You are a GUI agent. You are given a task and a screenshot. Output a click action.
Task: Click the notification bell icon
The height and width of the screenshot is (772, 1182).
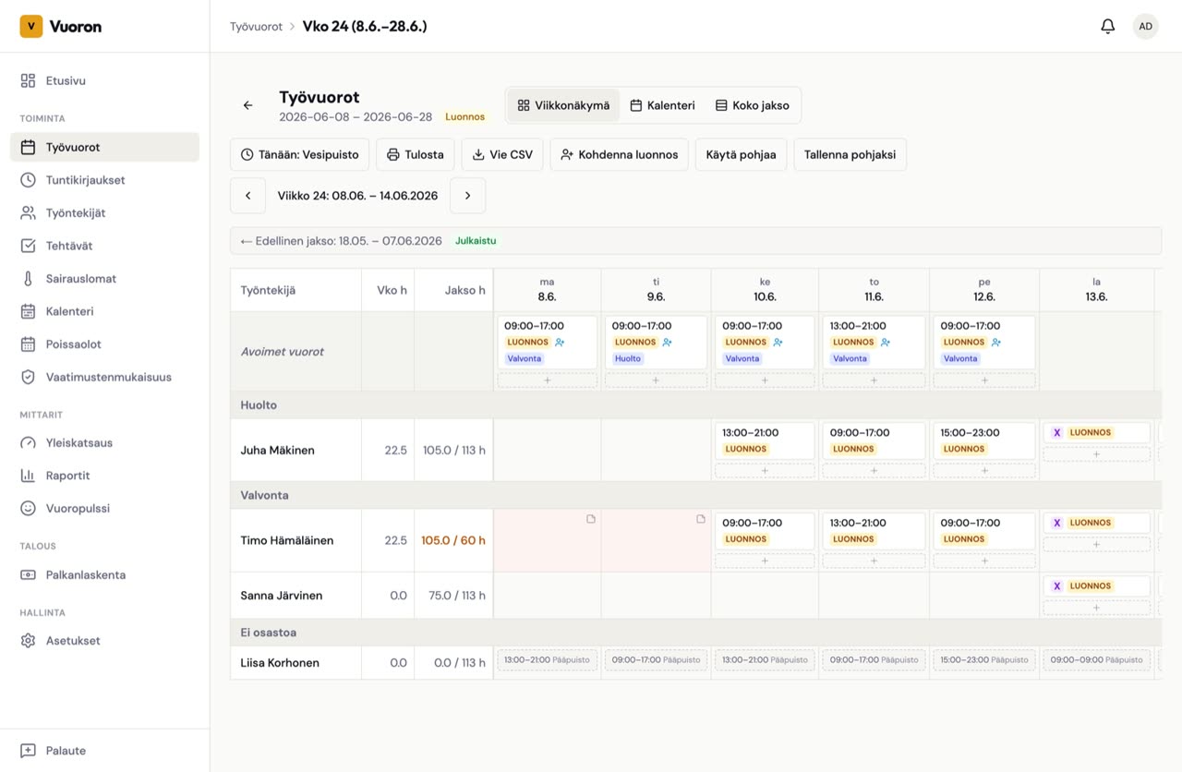1107,27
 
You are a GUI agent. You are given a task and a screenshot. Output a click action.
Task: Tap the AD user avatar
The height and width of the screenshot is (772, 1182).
1145,27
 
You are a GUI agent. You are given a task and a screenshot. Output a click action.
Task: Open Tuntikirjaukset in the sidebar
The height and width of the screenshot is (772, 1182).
85,180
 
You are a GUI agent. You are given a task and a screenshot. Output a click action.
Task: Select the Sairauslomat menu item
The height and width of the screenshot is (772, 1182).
80,279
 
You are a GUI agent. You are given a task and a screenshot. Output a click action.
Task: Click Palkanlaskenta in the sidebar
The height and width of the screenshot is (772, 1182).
86,574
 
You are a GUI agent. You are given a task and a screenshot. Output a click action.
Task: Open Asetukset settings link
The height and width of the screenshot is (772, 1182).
73,641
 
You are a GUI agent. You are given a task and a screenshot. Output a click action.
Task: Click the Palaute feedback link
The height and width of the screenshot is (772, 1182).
66,751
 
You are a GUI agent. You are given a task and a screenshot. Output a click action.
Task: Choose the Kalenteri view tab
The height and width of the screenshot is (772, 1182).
662,105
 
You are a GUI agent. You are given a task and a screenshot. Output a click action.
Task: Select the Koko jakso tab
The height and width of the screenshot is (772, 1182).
753,105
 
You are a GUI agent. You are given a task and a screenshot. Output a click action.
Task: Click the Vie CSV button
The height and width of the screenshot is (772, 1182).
502,154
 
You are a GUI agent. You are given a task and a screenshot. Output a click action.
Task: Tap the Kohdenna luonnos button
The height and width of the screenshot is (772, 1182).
619,154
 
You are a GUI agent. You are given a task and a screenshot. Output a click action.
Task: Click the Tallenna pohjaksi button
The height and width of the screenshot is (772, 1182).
850,154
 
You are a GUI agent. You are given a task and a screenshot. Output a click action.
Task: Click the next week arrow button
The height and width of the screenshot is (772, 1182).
467,196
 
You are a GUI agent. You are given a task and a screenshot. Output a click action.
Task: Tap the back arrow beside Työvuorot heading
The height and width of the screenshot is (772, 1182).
248,105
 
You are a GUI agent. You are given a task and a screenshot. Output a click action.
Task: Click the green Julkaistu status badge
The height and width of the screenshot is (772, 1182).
476,241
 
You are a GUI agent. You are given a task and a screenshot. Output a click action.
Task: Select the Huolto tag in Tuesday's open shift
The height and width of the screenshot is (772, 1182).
627,358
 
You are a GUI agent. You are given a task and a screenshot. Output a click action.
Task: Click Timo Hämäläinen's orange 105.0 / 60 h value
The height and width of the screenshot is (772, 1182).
452,540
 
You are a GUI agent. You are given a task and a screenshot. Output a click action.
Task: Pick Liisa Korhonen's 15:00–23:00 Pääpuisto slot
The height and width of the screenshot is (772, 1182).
984,659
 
